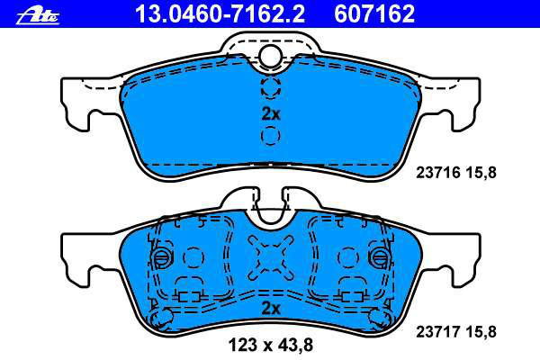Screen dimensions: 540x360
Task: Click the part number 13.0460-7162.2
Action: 220,14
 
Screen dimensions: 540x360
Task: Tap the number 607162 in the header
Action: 374,14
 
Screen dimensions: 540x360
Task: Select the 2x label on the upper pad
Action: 271,113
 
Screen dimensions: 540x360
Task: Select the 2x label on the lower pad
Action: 271,309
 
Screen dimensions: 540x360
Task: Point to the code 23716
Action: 438,172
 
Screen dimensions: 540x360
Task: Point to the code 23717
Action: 438,332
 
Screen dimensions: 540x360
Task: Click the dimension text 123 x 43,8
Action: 271,345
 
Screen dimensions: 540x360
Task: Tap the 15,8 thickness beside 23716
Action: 481,173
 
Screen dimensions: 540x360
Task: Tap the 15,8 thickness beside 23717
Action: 481,332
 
